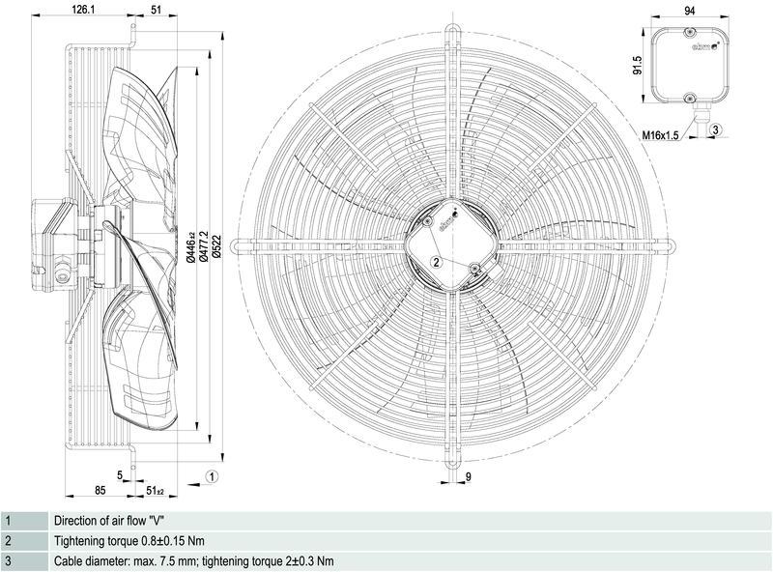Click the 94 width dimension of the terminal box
point(689,10)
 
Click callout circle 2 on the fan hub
point(437,261)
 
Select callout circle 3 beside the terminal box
point(716,129)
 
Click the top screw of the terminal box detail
point(689,34)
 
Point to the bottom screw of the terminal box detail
point(689,99)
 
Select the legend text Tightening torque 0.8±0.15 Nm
point(129,540)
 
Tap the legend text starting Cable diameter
point(193,561)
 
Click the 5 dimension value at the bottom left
point(120,473)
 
